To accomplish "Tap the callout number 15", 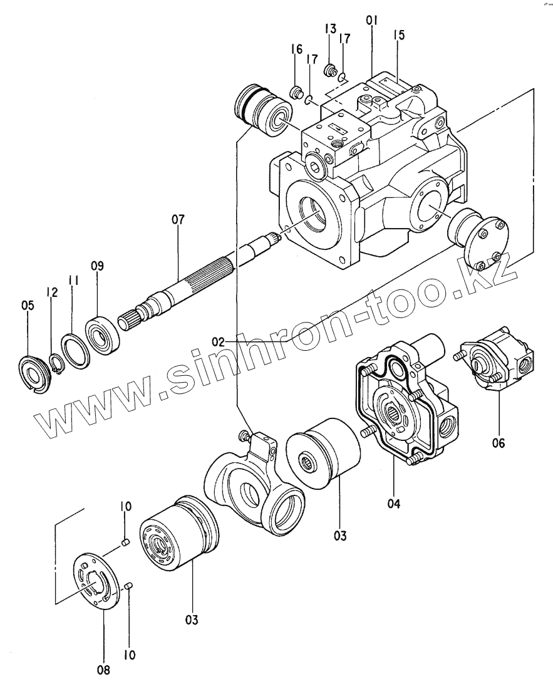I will coord(399,35).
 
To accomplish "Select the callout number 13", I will coord(330,29).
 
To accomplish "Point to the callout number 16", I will coord(296,49).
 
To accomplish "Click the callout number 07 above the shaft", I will coord(178,220).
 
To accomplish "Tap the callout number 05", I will coord(28,306).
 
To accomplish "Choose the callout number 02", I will coord(218,342).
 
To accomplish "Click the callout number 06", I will coord(498,443).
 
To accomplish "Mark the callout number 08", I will coord(103,670).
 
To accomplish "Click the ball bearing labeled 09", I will coord(100,330).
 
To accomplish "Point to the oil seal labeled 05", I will coord(31,372).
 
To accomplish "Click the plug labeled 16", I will coord(295,94).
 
